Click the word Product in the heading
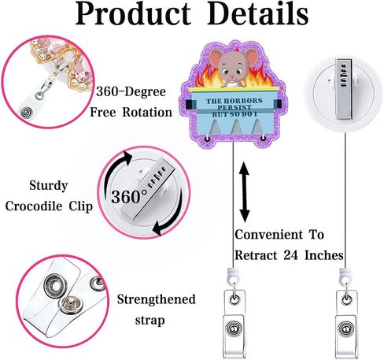pos(133,13)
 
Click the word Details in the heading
pos(258,13)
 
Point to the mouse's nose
pos(232,77)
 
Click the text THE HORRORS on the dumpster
pos(234,101)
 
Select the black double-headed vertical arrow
pos(245,192)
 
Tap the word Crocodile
pos(34,206)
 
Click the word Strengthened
pos(156,299)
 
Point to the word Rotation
pos(147,113)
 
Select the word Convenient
pos(268,235)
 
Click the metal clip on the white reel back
pos(344,89)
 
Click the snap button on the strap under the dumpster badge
pos(234,329)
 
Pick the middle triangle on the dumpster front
pos(237,127)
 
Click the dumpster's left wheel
pos(208,138)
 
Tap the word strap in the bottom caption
pos(150,321)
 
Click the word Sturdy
pos(49,186)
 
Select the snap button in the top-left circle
pos(26,113)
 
